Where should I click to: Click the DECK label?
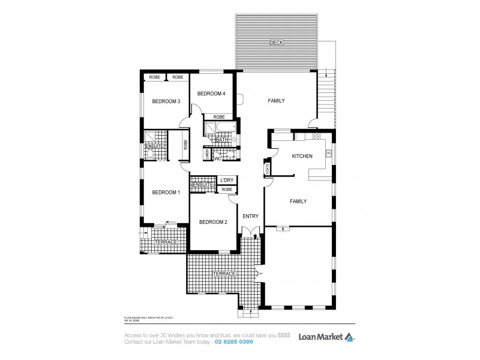tap(276, 43)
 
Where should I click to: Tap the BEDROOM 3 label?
tap(166, 101)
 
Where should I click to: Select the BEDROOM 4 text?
tap(211, 94)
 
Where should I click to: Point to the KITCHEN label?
tap(302, 156)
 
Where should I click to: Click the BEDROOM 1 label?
tap(166, 192)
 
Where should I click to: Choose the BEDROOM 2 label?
tap(213, 222)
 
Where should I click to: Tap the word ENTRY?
tap(250, 216)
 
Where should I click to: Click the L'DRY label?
tap(226, 180)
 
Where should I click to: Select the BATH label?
tap(221, 140)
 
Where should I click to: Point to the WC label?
tap(218, 158)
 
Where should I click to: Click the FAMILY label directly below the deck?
tap(276, 101)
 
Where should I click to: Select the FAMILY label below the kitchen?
tap(298, 202)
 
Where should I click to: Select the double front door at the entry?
tap(251, 231)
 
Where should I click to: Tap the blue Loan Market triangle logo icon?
tap(349, 337)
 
